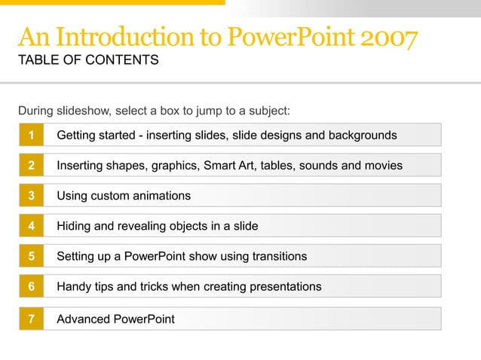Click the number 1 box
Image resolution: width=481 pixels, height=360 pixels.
coord(31,136)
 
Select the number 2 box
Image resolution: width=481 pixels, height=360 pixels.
coord(31,166)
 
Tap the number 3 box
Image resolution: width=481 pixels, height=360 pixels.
coord(31,196)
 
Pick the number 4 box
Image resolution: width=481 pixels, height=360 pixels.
coord(31,226)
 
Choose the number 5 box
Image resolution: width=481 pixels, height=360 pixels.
coord(31,256)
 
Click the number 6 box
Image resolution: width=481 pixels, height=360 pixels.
coord(31,286)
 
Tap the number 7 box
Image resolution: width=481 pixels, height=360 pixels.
coord(31,319)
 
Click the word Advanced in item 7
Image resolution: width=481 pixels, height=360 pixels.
coord(82,319)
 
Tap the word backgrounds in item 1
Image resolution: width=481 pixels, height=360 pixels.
coord(359,136)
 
